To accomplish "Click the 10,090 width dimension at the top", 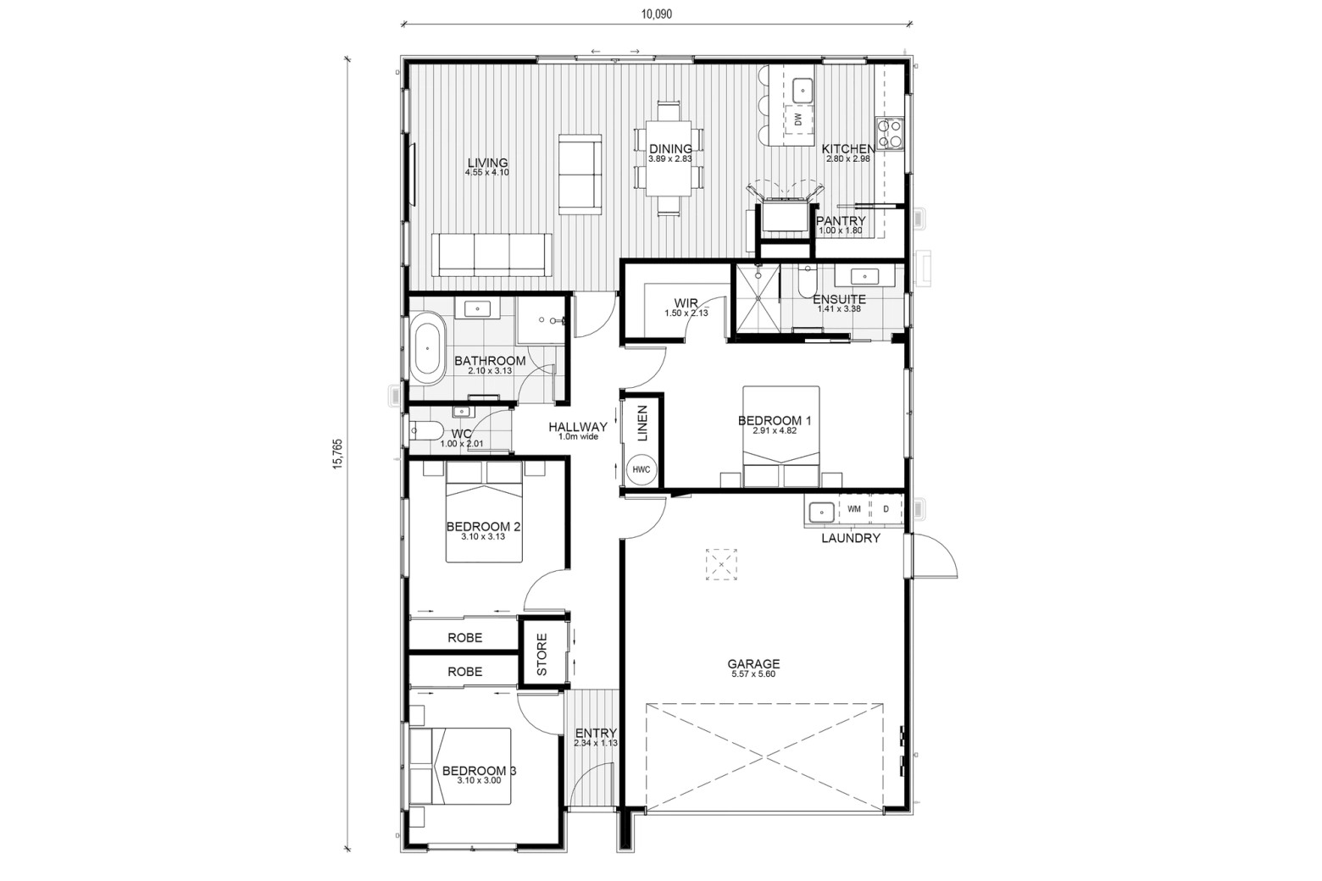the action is [x=656, y=14].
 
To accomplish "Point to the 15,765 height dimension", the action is [x=337, y=454].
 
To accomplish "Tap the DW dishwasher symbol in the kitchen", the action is [x=798, y=119].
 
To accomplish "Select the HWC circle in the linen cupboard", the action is [x=642, y=469].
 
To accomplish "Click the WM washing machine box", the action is [x=853, y=508].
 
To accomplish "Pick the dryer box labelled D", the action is [x=886, y=508].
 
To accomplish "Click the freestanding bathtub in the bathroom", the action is [x=427, y=349].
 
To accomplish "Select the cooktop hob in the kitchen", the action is [x=890, y=133].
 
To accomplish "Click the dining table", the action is [x=668, y=158].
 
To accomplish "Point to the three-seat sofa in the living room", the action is [x=492, y=254].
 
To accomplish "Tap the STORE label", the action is [x=542, y=655].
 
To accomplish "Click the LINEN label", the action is [x=642, y=423].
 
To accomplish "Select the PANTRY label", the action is [x=841, y=221].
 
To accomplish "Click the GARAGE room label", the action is [x=753, y=664].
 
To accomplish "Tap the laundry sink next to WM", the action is [x=821, y=512].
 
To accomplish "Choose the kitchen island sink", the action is [x=802, y=91].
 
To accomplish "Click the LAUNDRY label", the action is [x=851, y=538].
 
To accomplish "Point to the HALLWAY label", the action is [x=578, y=427].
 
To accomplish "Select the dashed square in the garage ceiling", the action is [x=721, y=565].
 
